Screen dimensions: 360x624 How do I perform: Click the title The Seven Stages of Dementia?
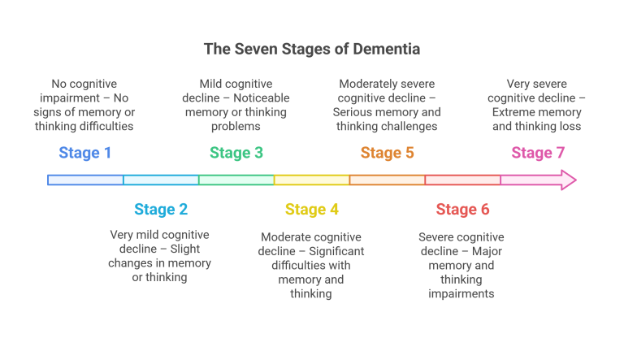click(311, 50)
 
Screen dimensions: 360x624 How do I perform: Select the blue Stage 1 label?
click(85, 153)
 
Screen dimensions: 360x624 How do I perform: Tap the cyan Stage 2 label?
click(161, 210)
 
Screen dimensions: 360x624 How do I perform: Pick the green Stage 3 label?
click(236, 153)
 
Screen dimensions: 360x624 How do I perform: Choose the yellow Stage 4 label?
click(312, 210)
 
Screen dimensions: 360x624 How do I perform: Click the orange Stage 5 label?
click(388, 153)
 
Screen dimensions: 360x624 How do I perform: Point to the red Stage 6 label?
click(462, 210)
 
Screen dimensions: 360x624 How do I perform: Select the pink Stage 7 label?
click(538, 153)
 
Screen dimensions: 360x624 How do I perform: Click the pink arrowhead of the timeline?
click(566, 180)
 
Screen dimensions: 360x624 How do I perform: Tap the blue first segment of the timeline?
click(85, 180)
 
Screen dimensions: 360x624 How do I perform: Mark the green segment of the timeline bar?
click(236, 180)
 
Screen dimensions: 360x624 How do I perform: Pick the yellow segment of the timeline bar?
click(312, 180)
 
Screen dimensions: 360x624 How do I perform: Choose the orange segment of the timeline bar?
click(388, 180)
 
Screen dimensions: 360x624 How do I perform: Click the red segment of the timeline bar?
click(462, 180)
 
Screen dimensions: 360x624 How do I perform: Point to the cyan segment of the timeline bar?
click(161, 180)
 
